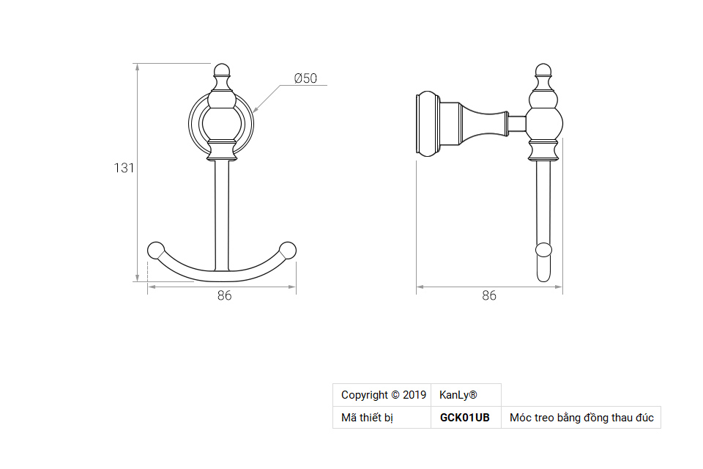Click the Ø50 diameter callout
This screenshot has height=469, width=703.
(x=305, y=78)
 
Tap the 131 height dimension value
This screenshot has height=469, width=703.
(x=124, y=168)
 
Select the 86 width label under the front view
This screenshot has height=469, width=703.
(x=224, y=296)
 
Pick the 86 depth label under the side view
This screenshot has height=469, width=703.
(x=489, y=296)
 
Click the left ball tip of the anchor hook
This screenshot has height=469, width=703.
(x=156, y=250)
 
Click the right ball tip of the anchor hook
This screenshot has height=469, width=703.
(x=289, y=250)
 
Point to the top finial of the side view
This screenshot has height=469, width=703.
(x=542, y=72)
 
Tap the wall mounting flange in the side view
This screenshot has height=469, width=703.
(x=428, y=125)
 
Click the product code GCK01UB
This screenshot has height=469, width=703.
(x=464, y=418)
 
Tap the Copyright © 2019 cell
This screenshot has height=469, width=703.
(x=383, y=395)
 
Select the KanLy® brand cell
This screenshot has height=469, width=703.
(x=458, y=395)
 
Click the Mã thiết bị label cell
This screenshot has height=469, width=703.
(x=368, y=418)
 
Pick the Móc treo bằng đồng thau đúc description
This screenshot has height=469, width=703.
(x=581, y=418)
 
